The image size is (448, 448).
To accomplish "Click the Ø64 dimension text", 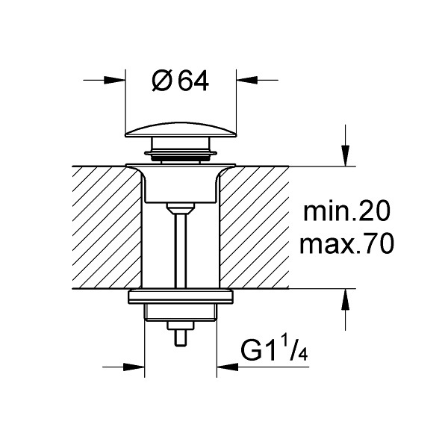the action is (x=180, y=81).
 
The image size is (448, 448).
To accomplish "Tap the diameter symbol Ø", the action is (x=162, y=81).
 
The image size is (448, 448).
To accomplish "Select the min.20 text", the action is (x=346, y=211).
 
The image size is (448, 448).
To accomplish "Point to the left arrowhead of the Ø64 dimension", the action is (x=115, y=81).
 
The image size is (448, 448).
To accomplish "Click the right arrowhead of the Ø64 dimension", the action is (x=247, y=81).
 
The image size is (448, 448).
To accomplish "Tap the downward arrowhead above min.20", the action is (x=346, y=156).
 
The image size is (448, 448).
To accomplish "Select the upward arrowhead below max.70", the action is (x=346, y=299).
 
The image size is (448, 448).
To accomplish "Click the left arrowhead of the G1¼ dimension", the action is (x=134, y=367).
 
